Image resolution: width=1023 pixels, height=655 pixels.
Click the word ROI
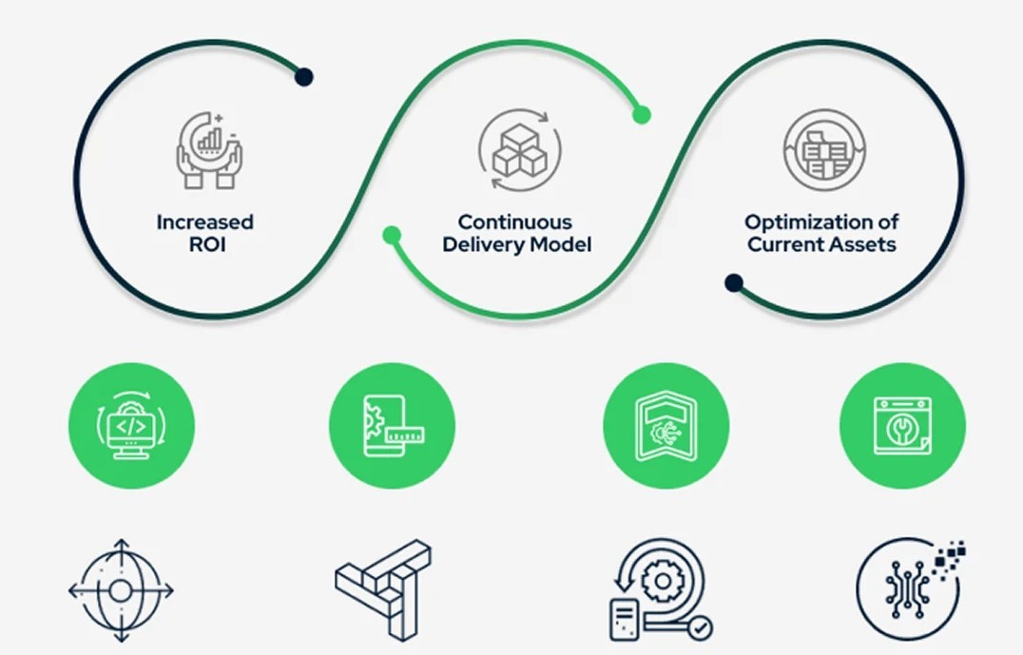(x=205, y=244)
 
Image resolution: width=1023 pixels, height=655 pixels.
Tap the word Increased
(x=205, y=222)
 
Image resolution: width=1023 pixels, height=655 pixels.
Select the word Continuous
(x=514, y=222)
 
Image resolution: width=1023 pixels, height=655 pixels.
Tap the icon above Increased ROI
(x=208, y=150)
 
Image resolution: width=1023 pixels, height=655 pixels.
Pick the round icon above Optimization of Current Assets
(x=823, y=149)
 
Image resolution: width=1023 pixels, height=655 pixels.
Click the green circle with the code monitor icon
(x=131, y=426)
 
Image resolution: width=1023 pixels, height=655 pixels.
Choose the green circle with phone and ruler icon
(x=392, y=426)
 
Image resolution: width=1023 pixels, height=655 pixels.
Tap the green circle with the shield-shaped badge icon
(x=666, y=426)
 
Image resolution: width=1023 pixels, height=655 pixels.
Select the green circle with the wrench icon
(x=902, y=426)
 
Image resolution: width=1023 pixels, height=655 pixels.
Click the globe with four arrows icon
(x=121, y=590)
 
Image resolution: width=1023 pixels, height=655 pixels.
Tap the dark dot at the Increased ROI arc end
(x=303, y=77)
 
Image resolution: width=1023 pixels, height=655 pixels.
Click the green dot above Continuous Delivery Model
(x=642, y=115)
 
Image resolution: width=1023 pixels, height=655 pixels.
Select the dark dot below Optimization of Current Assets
(x=733, y=282)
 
